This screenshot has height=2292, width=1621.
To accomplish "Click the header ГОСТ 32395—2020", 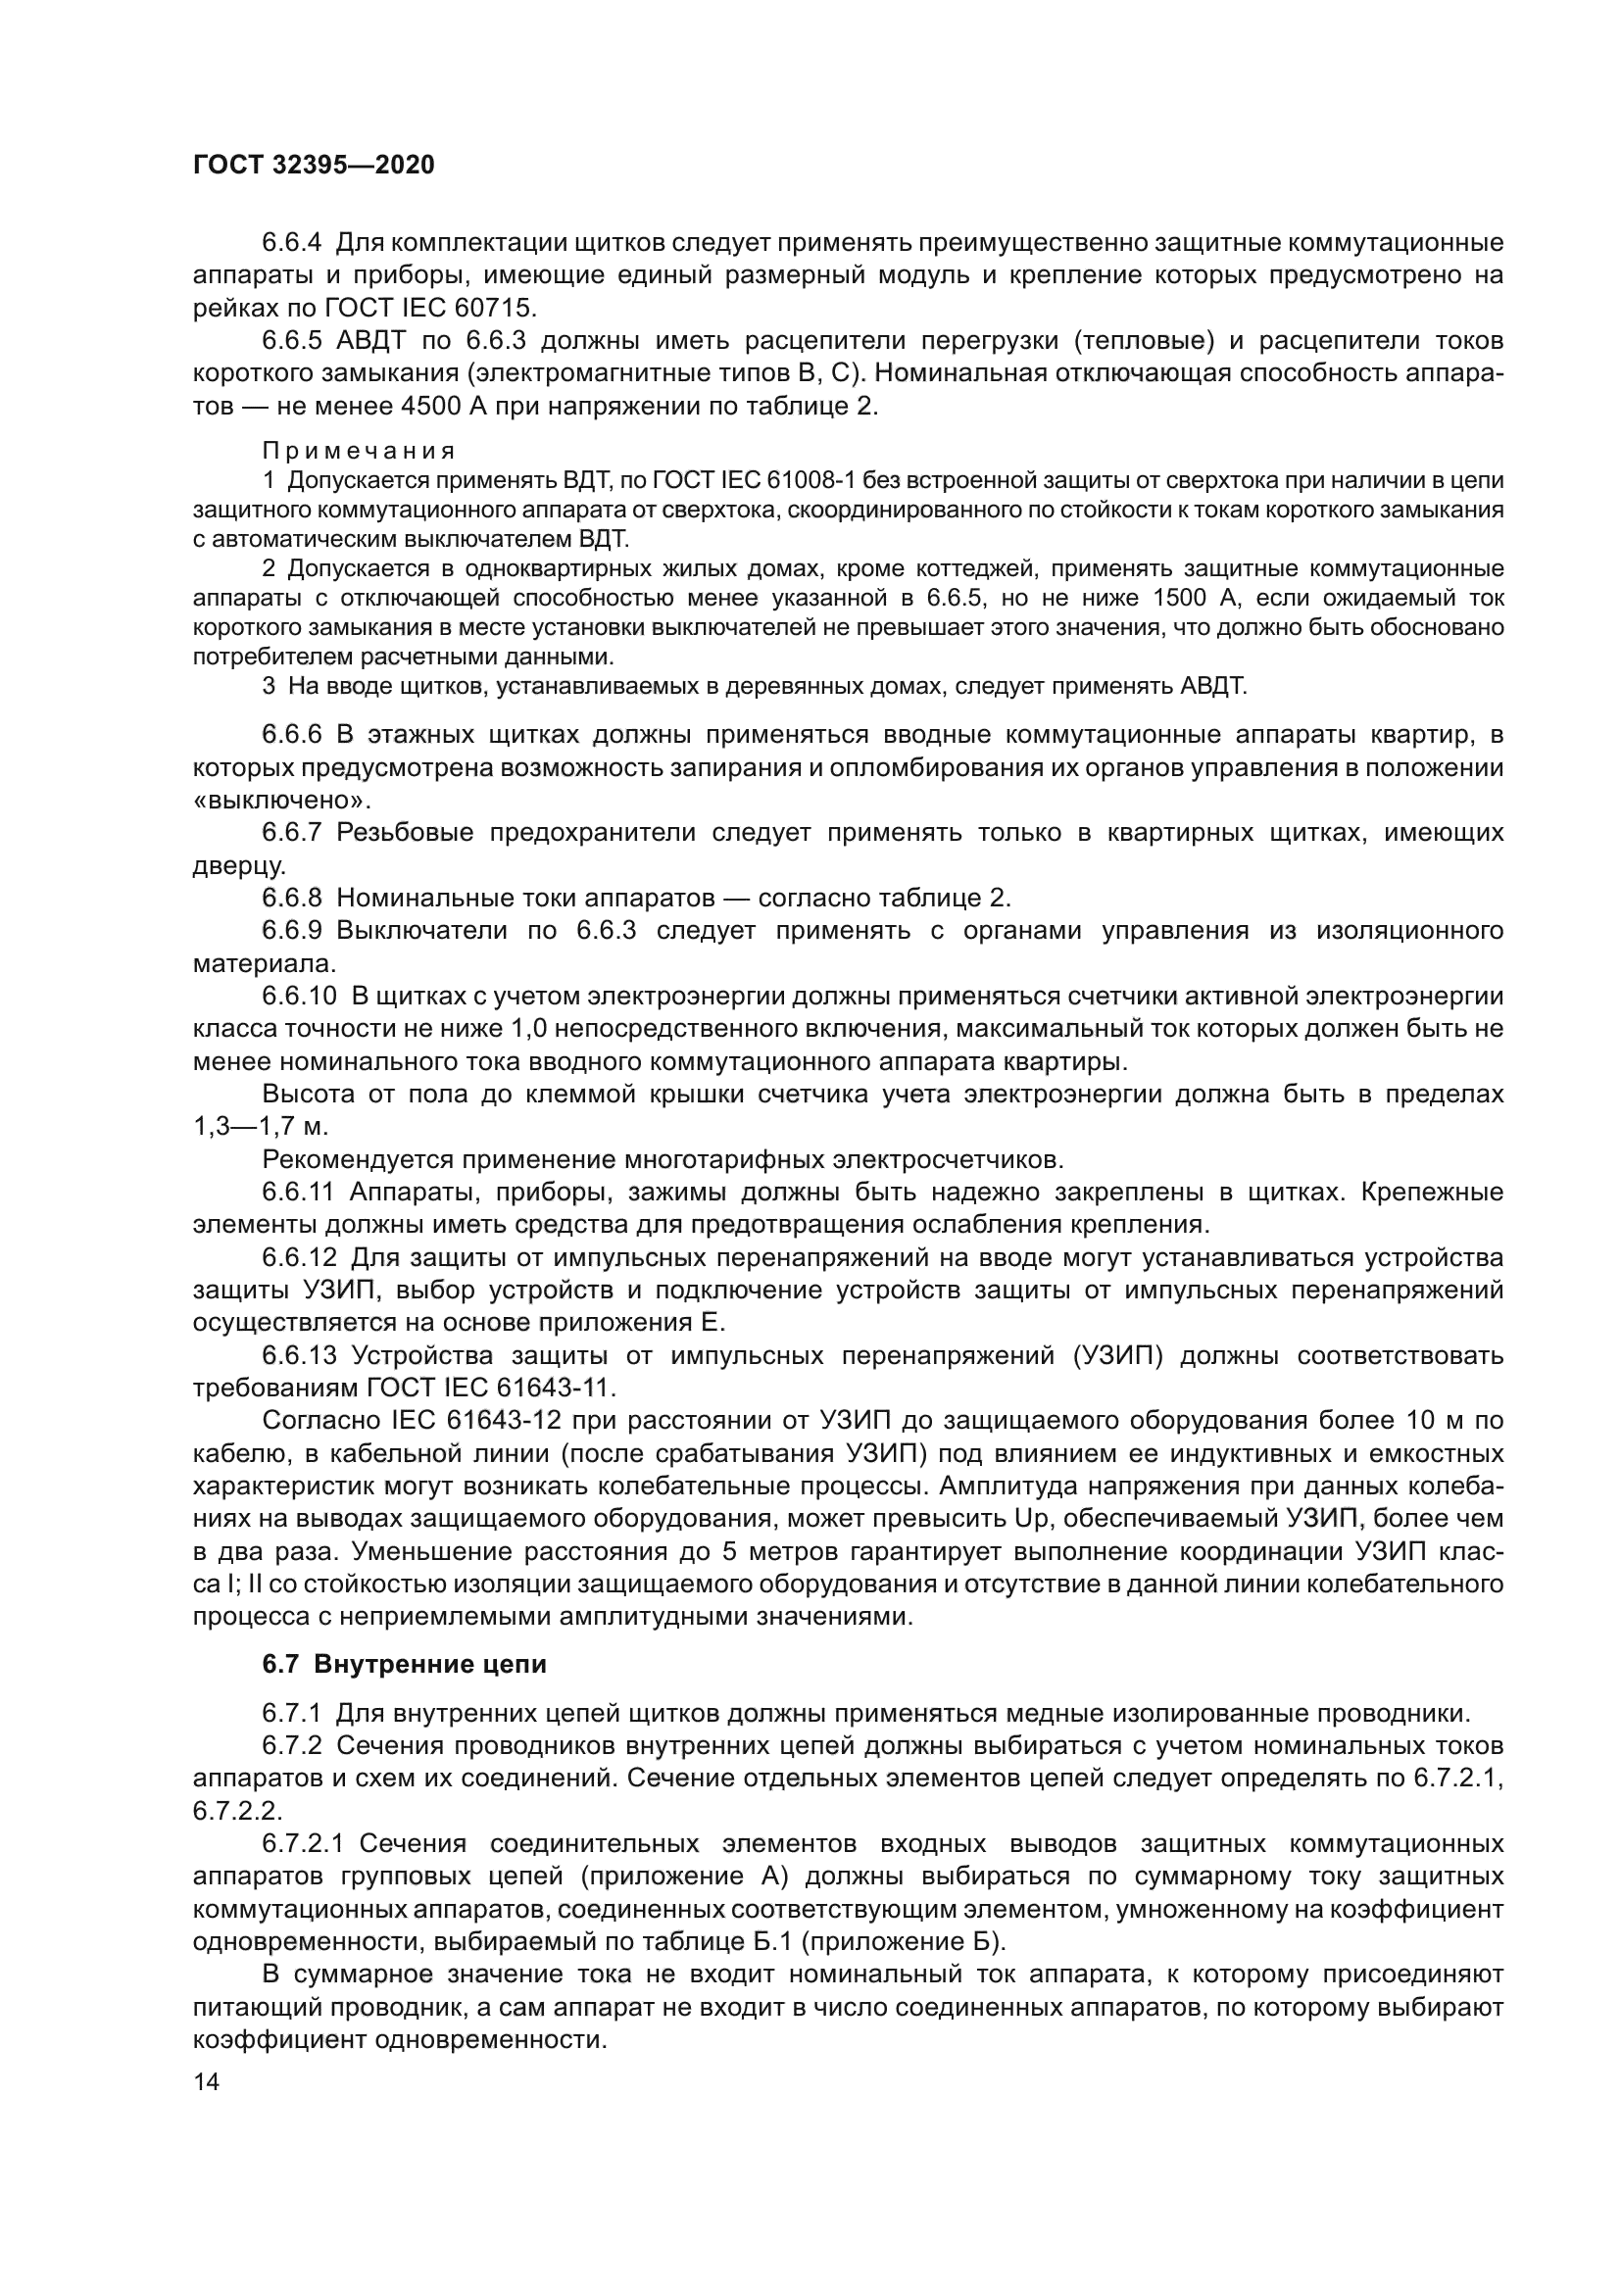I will [314, 165].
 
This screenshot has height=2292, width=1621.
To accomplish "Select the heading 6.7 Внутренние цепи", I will [404, 1664].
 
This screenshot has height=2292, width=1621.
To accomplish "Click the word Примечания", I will [359, 451].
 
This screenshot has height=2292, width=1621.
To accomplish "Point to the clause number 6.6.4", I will [291, 243].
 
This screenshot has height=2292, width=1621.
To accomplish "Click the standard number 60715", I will [498, 309].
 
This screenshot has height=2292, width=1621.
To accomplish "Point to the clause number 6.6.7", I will [291, 833].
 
